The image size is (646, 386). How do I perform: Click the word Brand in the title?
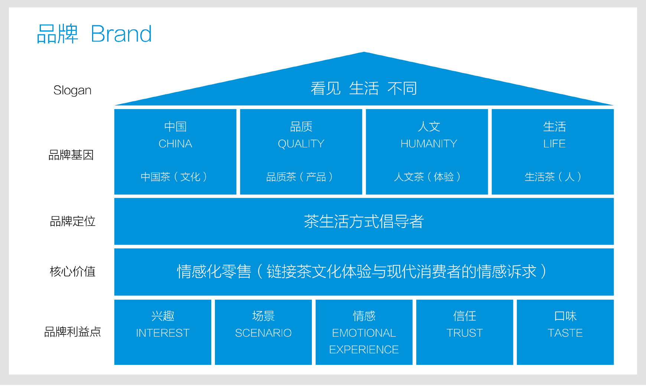pos(121,34)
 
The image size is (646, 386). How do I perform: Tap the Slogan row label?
pos(72,90)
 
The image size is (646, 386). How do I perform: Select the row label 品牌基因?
pos(71,155)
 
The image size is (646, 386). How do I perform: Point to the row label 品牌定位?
pos(72,221)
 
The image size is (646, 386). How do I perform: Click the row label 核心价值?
pos(72,271)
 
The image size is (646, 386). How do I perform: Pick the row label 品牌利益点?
pos(72,331)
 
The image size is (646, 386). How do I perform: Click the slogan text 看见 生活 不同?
pos(364,88)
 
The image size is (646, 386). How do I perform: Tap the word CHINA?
pos(175,144)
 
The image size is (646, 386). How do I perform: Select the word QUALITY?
pos(301,144)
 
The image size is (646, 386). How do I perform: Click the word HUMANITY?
pos(429,144)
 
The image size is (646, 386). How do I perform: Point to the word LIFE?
pos(554,144)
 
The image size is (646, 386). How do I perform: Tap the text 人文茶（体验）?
pos(427,177)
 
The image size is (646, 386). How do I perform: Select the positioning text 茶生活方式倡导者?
pos(364,221)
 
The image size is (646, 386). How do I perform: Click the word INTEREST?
pos(163,333)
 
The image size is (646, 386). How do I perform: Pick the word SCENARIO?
pos(263,333)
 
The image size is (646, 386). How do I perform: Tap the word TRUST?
pos(464,333)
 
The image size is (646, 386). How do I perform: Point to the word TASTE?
pos(565,333)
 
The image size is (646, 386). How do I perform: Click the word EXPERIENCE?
pos(364,350)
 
